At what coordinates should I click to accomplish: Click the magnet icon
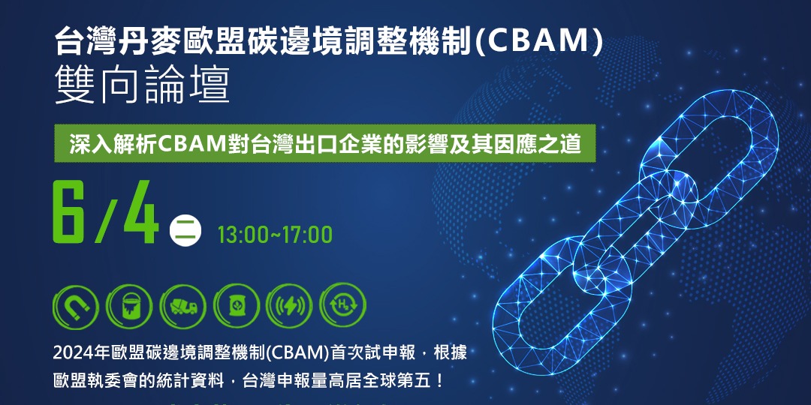coord(76,306)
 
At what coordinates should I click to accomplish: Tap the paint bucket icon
coord(129,306)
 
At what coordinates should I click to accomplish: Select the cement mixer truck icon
coord(183,306)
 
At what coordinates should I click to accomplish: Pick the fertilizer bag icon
coord(237,306)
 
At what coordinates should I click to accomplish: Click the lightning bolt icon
coord(290,306)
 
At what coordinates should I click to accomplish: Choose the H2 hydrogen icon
coord(343,306)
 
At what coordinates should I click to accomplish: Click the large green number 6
coord(70,211)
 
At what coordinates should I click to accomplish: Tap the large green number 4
coord(140,211)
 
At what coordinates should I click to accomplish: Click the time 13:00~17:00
coord(275,235)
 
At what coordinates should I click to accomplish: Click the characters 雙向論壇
coord(142,85)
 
